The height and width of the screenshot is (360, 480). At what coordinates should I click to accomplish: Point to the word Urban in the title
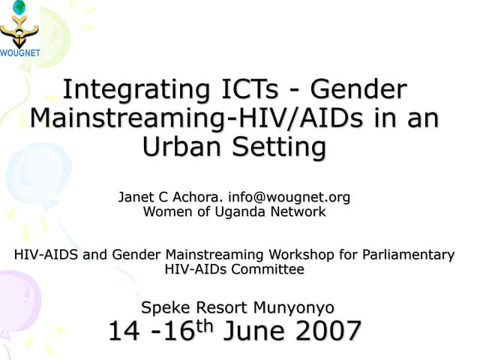[182, 147]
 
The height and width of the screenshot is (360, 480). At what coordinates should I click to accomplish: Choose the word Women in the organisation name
[164, 212]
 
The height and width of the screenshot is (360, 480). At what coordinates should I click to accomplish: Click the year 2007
[323, 331]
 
